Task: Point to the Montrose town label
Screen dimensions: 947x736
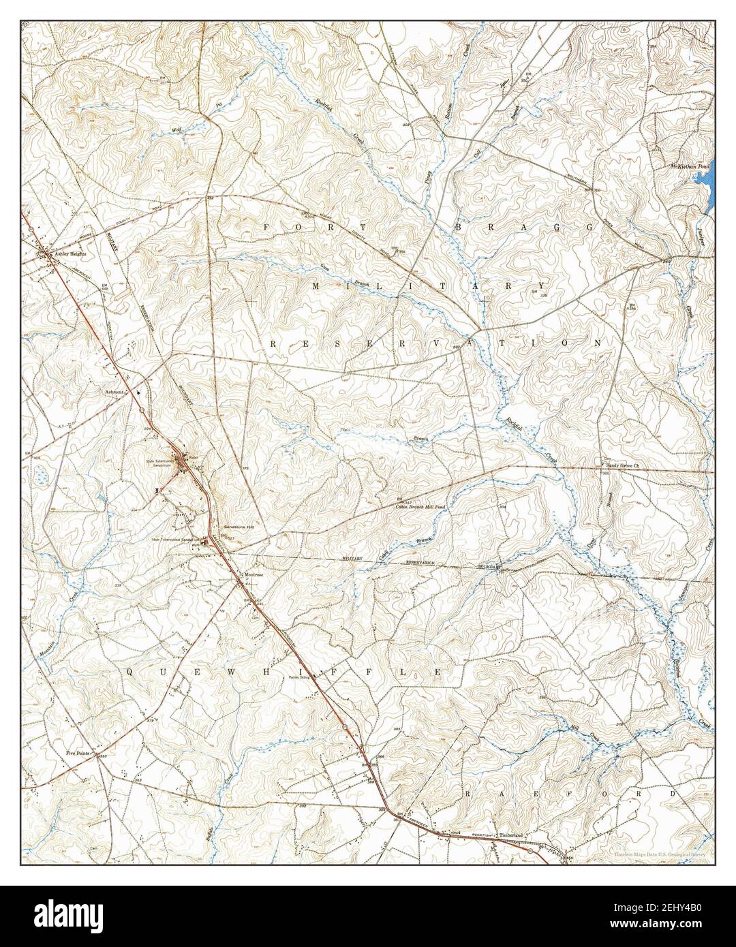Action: click(254, 574)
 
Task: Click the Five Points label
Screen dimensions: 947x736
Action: click(79, 754)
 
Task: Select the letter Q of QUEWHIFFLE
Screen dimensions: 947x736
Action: click(129, 672)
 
